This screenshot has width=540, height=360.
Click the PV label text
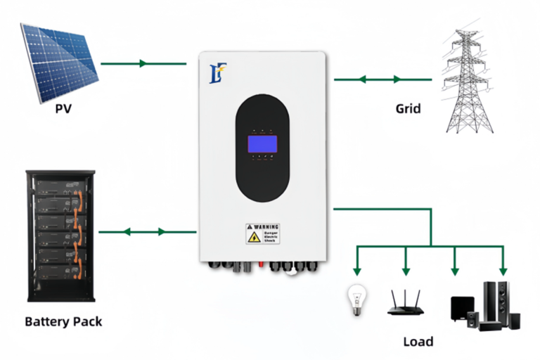pyautogui.click(x=63, y=109)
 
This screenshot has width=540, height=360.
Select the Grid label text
pyautogui.click(x=408, y=109)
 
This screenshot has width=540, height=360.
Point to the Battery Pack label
pyautogui.click(x=63, y=321)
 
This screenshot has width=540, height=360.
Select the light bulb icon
pyautogui.click(x=356, y=298)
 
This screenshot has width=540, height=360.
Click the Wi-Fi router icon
pyautogui.click(x=406, y=302)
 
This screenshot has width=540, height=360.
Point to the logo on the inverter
pyautogui.click(x=216, y=72)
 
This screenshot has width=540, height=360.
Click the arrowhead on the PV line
pyautogui.click(x=143, y=63)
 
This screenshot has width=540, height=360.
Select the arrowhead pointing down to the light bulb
pyautogui.click(x=356, y=269)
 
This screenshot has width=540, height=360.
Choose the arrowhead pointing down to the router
pyautogui.click(x=406, y=269)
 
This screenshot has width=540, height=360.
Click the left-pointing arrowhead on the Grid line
pyautogui.click(x=363, y=79)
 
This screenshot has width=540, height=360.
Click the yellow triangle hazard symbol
pyautogui.click(x=252, y=238)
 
